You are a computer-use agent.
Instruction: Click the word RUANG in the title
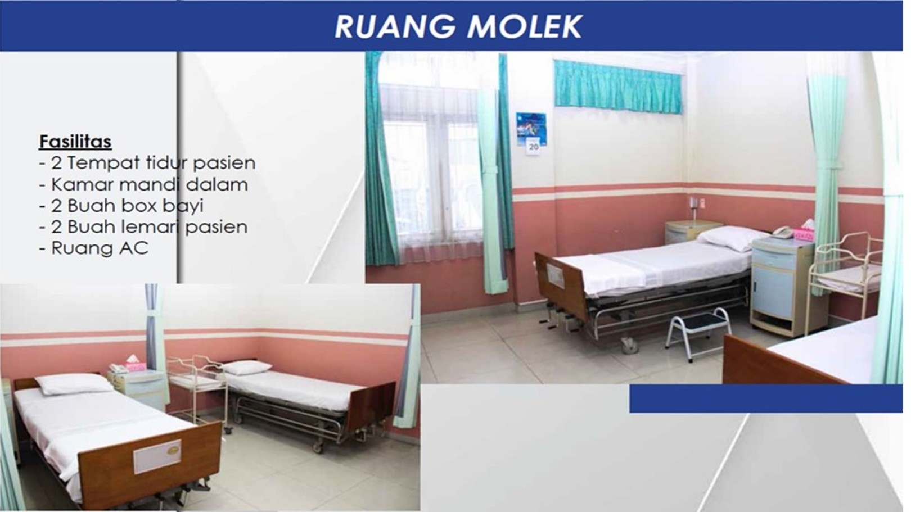point(395,27)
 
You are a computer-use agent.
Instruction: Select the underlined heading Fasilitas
point(75,142)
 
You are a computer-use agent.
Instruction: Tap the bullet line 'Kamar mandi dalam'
point(143,184)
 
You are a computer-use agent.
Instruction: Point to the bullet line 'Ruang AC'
point(94,248)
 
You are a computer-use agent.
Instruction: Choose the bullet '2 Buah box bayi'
point(121,206)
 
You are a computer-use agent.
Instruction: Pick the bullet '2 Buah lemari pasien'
point(143,226)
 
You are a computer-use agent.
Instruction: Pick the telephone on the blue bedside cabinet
point(783,232)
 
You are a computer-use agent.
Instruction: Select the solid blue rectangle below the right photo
point(766,398)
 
